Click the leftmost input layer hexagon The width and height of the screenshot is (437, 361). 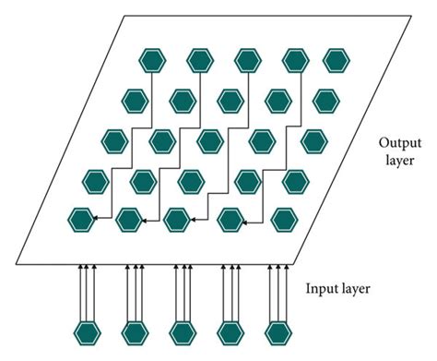tap(86, 332)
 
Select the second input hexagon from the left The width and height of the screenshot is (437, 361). tap(134, 332)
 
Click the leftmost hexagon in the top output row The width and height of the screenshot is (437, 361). tap(150, 60)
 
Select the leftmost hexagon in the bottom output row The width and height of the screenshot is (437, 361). tap(82, 220)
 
